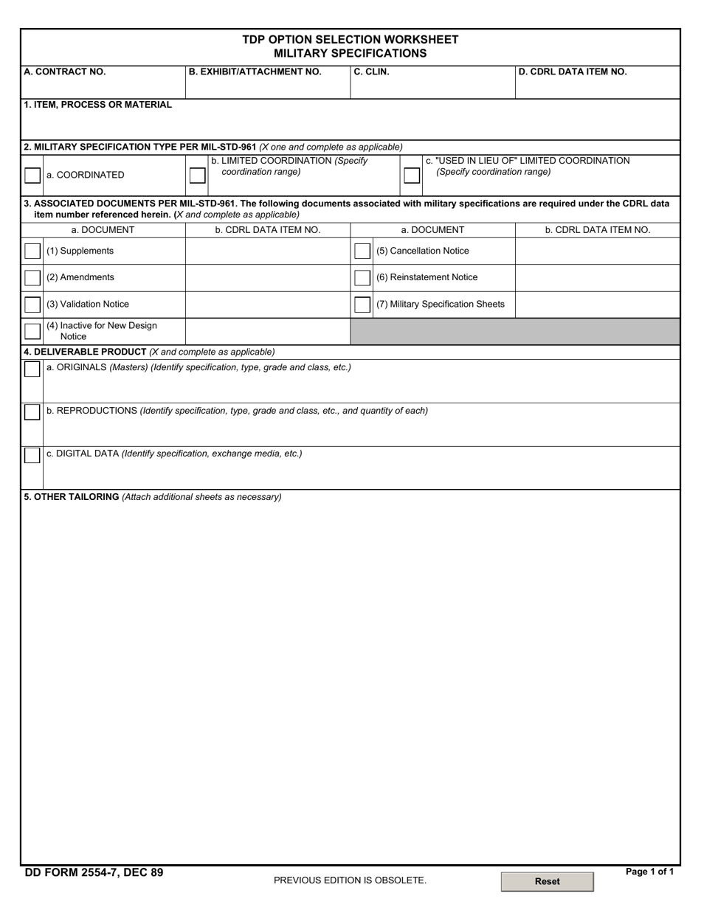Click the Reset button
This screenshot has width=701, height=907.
click(547, 881)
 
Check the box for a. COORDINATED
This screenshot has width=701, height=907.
click(32, 176)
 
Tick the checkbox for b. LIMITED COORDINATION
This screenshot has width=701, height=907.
click(197, 176)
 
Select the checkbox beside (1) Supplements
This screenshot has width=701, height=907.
click(32, 251)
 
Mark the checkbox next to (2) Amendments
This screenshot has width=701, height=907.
click(32, 278)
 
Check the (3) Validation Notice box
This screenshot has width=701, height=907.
click(32, 305)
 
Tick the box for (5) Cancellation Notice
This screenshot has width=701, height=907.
click(362, 251)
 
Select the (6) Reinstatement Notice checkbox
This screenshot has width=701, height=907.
click(362, 278)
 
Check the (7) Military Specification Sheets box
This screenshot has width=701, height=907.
click(362, 305)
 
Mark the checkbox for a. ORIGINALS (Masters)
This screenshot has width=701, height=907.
click(32, 369)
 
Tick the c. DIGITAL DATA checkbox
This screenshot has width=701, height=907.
click(32, 456)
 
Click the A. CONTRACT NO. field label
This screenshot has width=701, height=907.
click(65, 72)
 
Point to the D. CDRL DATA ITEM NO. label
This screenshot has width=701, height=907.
click(573, 72)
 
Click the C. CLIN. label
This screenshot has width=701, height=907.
click(371, 72)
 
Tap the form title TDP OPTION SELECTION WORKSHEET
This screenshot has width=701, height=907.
click(350, 40)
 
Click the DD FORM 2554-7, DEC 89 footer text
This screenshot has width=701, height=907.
click(94, 873)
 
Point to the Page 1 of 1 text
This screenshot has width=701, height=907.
click(649, 872)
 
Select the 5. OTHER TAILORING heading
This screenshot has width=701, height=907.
click(72, 497)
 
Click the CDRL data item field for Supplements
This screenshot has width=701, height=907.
click(267, 251)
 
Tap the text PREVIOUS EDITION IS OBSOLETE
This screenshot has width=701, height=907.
click(350, 880)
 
